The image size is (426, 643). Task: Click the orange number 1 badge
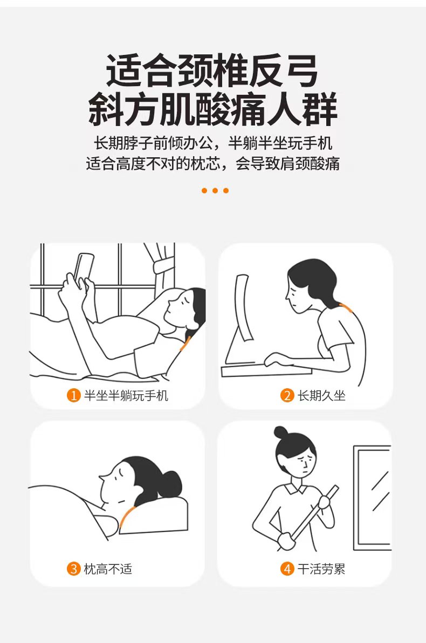coord(73,395)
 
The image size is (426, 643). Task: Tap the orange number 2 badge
coord(287,395)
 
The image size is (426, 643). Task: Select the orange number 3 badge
coord(73,569)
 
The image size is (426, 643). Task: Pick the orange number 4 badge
coord(287,569)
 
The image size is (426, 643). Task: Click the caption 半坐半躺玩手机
coord(126,396)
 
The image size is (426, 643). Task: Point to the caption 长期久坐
coord(321,396)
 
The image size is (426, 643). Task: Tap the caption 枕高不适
coord(108,569)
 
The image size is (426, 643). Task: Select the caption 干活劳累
coord(321,569)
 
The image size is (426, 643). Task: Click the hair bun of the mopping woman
coord(280,432)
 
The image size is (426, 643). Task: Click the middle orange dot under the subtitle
coord(215,190)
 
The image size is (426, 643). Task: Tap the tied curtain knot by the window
coord(164,265)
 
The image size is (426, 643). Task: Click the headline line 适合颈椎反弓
coord(212,71)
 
